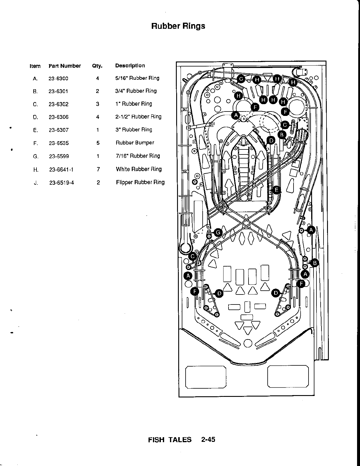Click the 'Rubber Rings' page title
point(178,26)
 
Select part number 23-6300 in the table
point(58,79)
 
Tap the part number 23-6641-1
point(61,169)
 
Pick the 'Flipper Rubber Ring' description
point(140,182)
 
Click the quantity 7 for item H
point(98,169)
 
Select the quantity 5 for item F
point(98,143)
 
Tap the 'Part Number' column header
point(65,66)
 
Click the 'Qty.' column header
point(97,66)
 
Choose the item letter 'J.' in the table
point(36,183)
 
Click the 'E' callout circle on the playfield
point(276,190)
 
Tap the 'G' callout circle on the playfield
point(218,233)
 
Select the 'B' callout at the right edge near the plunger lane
point(315,263)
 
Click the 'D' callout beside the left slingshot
point(219,293)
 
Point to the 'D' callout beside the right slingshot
point(276,293)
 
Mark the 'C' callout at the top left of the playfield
point(241,79)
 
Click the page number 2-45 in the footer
point(208,440)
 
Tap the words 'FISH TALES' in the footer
point(170,440)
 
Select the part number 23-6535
point(59,143)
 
